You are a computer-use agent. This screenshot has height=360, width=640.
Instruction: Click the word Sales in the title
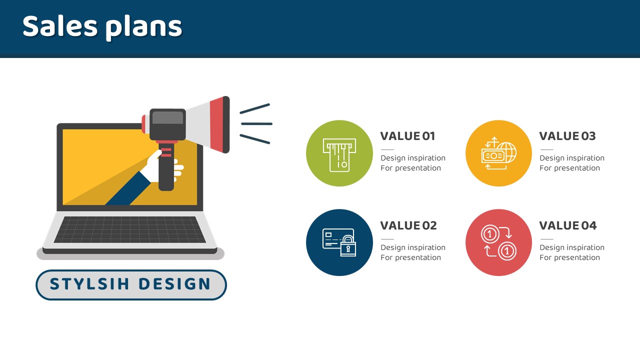point(60,26)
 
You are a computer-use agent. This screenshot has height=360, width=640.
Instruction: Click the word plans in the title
point(143,28)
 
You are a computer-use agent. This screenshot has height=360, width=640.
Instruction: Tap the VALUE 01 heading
point(407,136)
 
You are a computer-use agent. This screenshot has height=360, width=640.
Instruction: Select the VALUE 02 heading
point(408,225)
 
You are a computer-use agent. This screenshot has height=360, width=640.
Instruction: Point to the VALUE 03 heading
point(567,136)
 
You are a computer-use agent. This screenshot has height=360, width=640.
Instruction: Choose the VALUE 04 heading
point(568,225)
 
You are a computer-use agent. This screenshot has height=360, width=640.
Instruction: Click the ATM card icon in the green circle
point(339,155)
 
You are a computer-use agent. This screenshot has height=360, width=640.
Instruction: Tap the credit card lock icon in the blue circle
point(339,242)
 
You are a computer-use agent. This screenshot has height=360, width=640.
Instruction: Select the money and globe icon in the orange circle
point(499,153)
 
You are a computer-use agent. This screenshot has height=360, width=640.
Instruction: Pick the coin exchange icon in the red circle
point(499,242)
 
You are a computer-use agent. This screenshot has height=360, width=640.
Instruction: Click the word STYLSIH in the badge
point(89,284)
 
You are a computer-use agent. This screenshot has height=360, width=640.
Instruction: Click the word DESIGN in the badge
point(175,284)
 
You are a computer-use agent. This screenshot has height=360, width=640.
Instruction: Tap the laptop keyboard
point(130,229)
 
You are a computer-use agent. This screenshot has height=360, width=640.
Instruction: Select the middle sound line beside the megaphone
point(256,124)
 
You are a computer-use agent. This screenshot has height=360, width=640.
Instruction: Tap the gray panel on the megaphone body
point(167,117)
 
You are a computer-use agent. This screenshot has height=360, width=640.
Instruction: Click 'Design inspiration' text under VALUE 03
point(572,158)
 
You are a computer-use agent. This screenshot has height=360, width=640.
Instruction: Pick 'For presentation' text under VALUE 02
point(411,257)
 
